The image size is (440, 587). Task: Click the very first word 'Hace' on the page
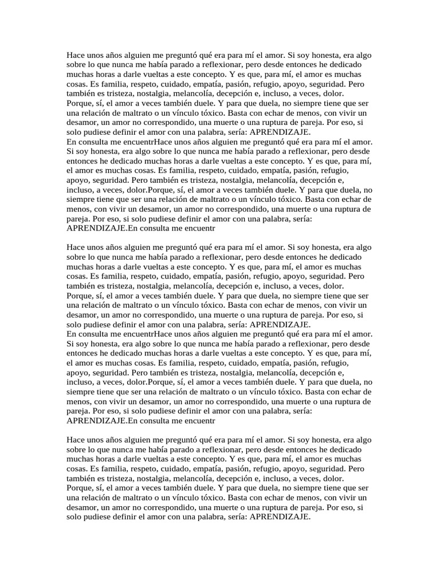click(76, 56)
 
